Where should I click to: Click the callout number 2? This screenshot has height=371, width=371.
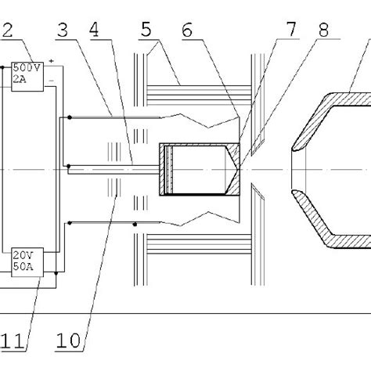click(7, 30)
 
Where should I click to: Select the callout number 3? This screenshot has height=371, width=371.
click(63, 30)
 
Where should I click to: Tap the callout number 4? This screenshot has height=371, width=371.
click(94, 30)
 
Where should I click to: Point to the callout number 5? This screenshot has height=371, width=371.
click(146, 30)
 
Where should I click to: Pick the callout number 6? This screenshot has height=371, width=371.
click(187, 30)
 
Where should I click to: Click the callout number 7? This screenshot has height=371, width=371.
click(292, 29)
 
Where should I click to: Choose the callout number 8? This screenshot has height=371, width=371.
click(324, 30)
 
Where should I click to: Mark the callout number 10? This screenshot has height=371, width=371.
click(68, 341)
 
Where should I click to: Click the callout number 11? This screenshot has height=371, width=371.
click(13, 341)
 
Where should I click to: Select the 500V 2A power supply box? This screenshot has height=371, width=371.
click(27, 77)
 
